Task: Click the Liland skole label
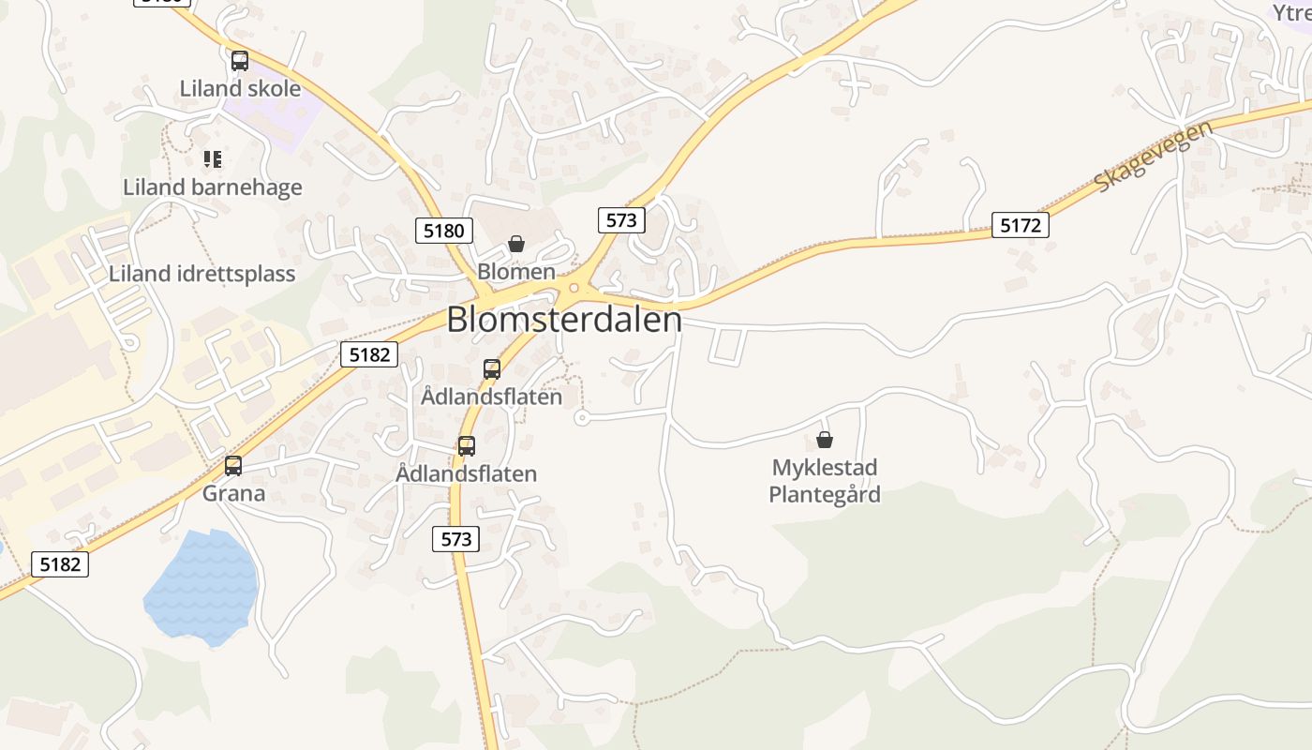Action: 240,89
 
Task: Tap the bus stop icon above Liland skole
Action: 240,61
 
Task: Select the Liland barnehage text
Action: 213,187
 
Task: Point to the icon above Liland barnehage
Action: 213,159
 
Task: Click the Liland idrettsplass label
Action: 201,274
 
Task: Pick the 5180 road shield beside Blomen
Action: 444,230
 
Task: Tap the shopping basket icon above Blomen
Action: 515,244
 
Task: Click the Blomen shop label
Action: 516,272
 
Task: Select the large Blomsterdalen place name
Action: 564,321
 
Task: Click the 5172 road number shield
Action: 1021,225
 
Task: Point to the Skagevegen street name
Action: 1154,156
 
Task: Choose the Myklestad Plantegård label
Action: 825,481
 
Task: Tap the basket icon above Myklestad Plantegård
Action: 825,439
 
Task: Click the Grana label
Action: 234,493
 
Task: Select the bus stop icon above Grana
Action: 233,465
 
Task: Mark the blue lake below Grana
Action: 201,586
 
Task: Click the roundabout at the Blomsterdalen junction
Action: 574,289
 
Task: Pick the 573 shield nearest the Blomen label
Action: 620,220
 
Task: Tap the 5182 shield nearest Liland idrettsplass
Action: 369,354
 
